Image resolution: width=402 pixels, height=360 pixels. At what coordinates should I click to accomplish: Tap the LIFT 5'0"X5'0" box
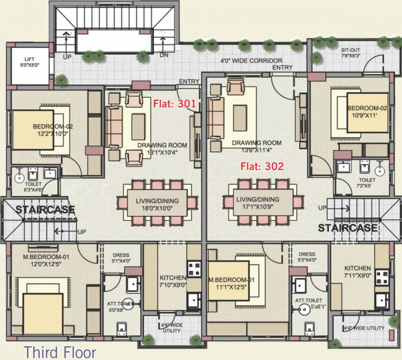tap(30, 63)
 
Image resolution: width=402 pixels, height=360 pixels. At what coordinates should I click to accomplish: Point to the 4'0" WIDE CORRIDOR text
tap(251, 61)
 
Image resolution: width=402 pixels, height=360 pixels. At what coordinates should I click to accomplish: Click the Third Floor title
tap(60, 352)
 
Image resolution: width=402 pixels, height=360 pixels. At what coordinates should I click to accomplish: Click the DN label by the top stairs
tap(164, 55)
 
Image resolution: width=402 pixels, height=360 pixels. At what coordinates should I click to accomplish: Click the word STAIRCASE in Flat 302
tap(348, 228)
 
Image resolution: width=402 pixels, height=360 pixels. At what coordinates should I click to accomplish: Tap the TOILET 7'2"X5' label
tap(367, 183)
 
